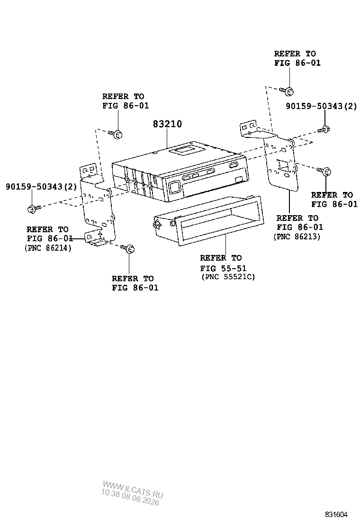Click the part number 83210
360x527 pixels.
(167, 124)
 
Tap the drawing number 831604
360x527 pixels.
(336, 515)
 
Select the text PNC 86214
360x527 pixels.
(48, 248)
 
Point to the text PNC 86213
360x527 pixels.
(297, 236)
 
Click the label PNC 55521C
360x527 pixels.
(228, 277)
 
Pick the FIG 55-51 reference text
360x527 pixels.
(223, 268)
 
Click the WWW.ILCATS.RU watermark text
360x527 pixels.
(133, 490)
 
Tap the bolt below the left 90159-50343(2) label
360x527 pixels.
(34, 209)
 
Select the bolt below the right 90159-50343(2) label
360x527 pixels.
(324, 129)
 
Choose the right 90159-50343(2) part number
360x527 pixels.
(321, 106)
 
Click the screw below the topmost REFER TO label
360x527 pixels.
(287, 91)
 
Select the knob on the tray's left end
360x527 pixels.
(157, 224)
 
